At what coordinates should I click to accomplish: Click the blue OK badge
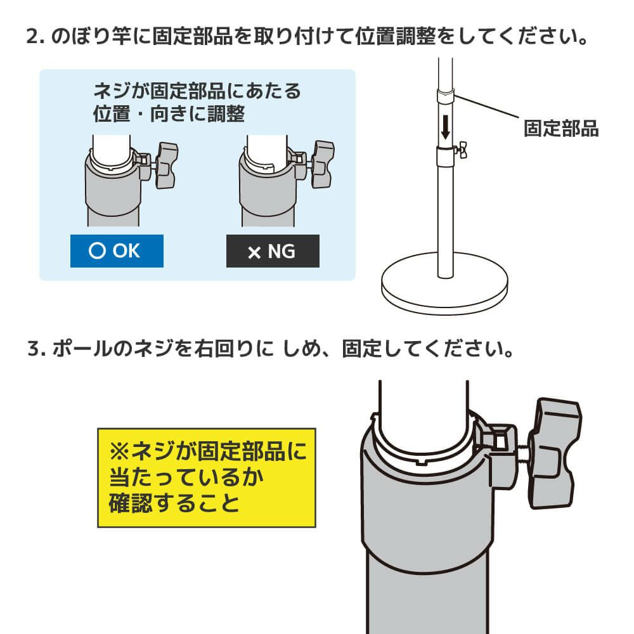pos(116,251)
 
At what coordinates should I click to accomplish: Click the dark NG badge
pos(273,252)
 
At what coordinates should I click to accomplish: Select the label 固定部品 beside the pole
pos(561,129)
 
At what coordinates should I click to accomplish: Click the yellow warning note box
pos(207,477)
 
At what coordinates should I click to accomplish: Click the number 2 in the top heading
pos(32,36)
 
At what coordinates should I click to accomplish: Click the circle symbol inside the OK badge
pos(97,251)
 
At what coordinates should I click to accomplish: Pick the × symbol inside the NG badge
pos(254,253)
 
